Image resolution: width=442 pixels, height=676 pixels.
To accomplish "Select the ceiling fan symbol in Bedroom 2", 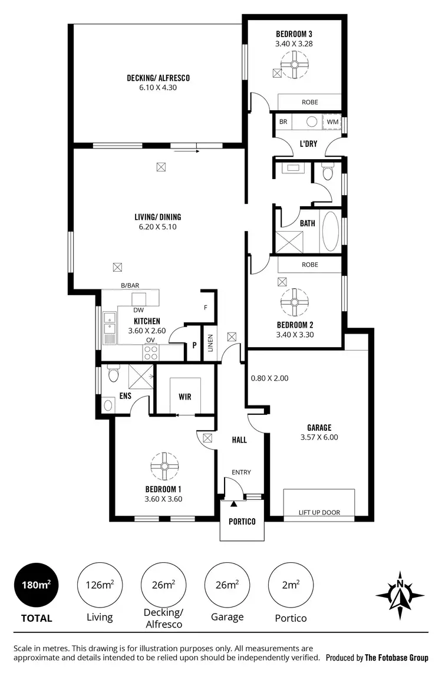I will click(x=293, y=301).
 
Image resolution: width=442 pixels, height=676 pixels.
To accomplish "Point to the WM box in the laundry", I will click(x=332, y=121).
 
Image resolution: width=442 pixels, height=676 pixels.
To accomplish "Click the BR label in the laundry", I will click(x=283, y=121).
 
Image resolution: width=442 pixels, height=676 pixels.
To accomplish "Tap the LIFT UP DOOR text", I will click(x=319, y=512).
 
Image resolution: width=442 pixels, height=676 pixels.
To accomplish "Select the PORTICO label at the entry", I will click(x=242, y=521).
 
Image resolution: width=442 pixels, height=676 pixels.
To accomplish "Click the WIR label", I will click(x=185, y=397).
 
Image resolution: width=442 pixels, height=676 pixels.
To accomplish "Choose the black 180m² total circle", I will click(x=36, y=585).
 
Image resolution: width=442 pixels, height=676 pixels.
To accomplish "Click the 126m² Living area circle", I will click(x=100, y=585).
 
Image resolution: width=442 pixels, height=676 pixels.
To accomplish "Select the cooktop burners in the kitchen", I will click(x=151, y=352).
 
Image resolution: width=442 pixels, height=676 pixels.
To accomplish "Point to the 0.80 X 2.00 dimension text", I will click(x=269, y=378).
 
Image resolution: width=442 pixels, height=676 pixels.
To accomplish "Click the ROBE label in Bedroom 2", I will click(x=309, y=265).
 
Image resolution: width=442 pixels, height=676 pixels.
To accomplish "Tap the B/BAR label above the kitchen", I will click(x=130, y=285).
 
